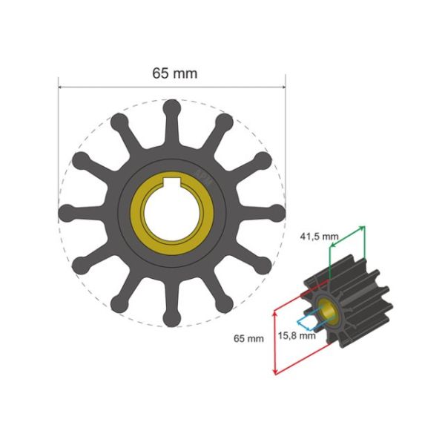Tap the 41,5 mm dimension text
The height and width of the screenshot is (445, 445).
tap(319, 237)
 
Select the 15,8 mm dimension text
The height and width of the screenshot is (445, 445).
tap(297, 335)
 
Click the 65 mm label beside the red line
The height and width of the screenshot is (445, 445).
tap(248, 338)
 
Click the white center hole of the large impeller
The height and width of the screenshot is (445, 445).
tap(171, 214)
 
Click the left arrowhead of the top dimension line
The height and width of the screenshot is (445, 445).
tap(61, 87)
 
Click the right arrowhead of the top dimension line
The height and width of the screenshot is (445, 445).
tap(283, 87)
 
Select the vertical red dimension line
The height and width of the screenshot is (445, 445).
tap(276, 341)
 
